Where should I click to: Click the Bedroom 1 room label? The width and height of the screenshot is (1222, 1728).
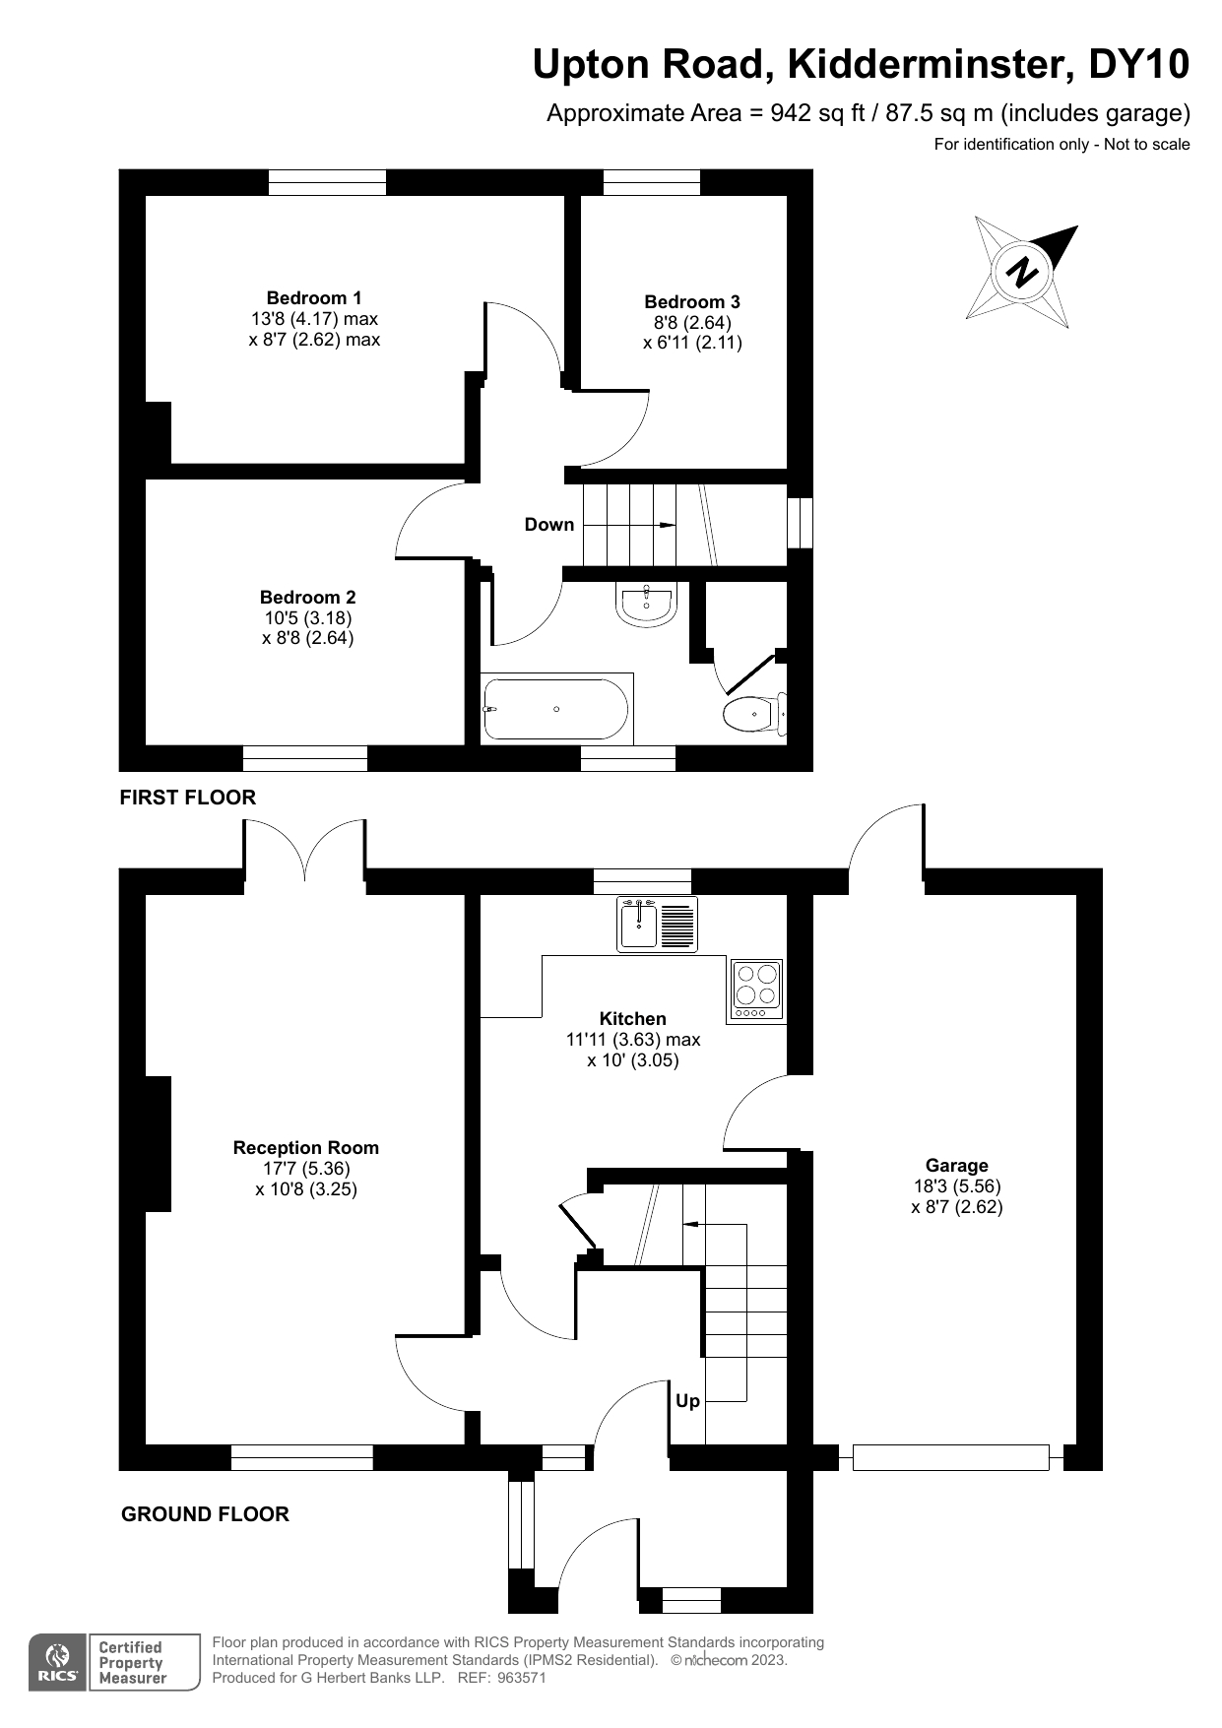[x=314, y=298]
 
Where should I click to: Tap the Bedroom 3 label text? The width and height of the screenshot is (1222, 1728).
[x=692, y=302]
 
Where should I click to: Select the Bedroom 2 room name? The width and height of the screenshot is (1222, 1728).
[x=308, y=598]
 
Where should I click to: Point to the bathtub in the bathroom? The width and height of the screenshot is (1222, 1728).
[x=556, y=709]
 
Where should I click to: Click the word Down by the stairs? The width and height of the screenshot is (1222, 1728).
[x=548, y=525]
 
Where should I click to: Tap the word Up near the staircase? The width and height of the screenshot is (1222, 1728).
[x=687, y=1401]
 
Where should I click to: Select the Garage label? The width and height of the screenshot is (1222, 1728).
[x=956, y=1166]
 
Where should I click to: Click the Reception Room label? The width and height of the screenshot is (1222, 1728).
[x=306, y=1148]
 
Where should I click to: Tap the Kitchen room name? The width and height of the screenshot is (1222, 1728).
[x=633, y=1019]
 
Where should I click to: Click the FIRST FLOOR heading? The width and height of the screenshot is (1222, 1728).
[x=187, y=798]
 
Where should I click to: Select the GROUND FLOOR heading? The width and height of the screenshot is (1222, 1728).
[x=205, y=1514]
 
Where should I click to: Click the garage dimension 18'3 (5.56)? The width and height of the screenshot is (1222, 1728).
[x=956, y=1186]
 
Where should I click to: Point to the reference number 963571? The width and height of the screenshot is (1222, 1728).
[x=521, y=1678]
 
